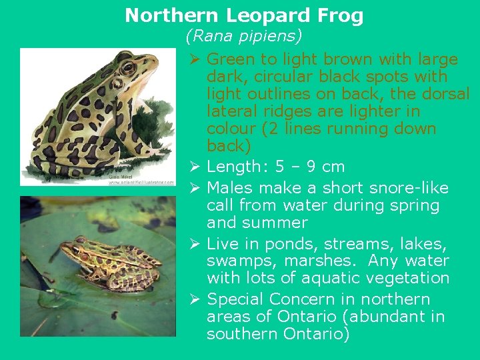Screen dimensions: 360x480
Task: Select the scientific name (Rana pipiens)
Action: [x=244, y=34]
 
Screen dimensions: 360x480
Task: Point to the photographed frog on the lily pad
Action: [x=111, y=264]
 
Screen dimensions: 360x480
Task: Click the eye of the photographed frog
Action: [x=81, y=241]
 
